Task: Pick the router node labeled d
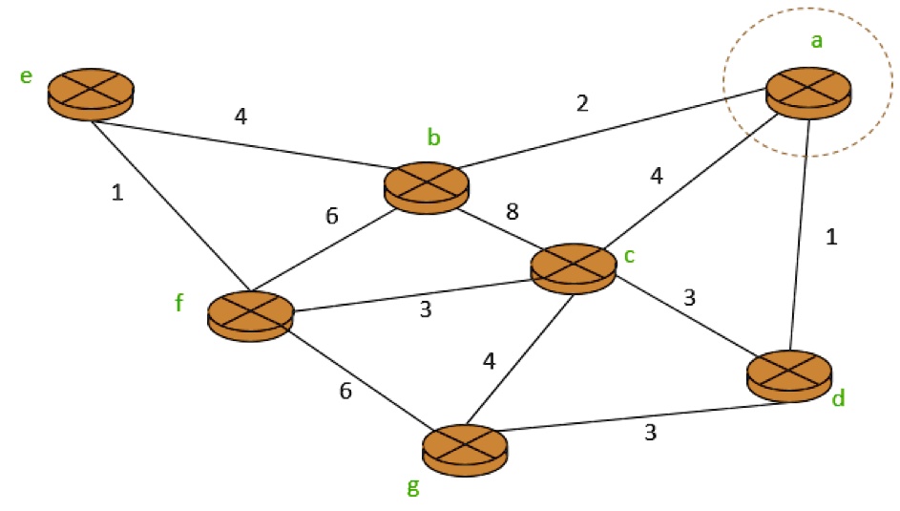coord(789,374)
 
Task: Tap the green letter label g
coord(412,487)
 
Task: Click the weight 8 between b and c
coord(512,211)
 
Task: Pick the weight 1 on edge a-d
coord(831,238)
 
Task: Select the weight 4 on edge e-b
coord(241,117)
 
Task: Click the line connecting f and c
coord(410,293)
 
